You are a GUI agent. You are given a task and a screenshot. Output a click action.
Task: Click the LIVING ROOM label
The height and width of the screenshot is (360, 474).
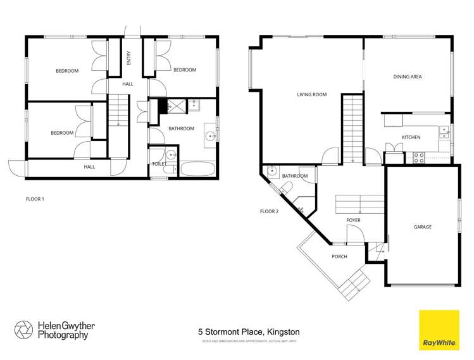(x=311, y=95)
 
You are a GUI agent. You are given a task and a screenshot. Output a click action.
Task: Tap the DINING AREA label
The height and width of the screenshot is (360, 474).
(x=407, y=77)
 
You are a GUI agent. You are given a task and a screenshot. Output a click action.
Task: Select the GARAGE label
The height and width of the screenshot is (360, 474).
(x=422, y=227)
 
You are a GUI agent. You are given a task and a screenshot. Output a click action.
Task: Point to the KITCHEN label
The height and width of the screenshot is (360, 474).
(x=411, y=137)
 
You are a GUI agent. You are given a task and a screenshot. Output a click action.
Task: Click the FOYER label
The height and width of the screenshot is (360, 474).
(x=353, y=220)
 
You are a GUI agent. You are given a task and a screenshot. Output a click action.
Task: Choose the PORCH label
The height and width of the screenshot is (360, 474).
(x=340, y=256)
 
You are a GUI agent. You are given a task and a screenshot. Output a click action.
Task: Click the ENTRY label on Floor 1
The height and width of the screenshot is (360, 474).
(x=129, y=59)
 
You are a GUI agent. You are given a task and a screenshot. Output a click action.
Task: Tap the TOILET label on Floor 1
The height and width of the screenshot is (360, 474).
(x=159, y=164)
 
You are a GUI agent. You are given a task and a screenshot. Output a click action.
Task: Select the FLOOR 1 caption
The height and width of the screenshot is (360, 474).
(x=35, y=199)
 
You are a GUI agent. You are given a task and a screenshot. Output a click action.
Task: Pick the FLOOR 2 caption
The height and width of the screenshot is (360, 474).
(x=269, y=211)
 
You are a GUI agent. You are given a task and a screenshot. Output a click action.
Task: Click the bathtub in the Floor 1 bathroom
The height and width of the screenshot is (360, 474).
(x=197, y=170)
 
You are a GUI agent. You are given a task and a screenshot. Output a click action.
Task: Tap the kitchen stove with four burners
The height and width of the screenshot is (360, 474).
(x=418, y=158)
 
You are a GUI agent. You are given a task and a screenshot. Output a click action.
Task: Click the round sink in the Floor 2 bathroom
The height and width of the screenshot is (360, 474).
(x=272, y=170)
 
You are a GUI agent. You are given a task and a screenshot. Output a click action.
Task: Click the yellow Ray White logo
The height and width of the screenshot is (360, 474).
(x=439, y=330)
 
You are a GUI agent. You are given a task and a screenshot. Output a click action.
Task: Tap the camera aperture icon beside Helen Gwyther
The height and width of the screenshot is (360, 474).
(x=23, y=330)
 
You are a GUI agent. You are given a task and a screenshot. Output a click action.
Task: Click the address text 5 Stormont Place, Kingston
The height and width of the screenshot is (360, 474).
(x=249, y=332)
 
